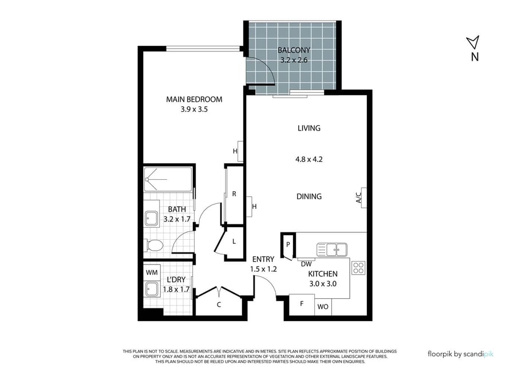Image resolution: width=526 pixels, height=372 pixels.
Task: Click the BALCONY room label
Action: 294,50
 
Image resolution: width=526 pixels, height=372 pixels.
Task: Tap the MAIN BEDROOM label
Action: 194,99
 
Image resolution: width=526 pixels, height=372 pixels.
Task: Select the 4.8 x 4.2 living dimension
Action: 309,159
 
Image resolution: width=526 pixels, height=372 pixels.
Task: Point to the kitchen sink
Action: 332,250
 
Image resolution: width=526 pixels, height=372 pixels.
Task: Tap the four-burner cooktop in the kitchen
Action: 359,268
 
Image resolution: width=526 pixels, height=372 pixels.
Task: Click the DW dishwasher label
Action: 306,264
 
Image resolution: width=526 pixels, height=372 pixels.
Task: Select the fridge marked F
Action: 302,304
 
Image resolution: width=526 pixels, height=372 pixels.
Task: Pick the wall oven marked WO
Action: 323,307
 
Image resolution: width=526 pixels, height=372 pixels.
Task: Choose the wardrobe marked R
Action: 234,194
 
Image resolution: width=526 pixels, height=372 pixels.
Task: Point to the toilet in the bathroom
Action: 153,246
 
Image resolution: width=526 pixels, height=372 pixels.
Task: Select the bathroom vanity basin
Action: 152,219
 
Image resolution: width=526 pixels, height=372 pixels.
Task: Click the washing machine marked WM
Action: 152,273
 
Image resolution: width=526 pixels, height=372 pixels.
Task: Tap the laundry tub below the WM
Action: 152,289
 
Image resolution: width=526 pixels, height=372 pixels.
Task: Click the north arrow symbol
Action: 474,42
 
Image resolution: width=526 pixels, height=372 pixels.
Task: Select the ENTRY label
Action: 263,259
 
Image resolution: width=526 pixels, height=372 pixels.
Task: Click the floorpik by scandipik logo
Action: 461,354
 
